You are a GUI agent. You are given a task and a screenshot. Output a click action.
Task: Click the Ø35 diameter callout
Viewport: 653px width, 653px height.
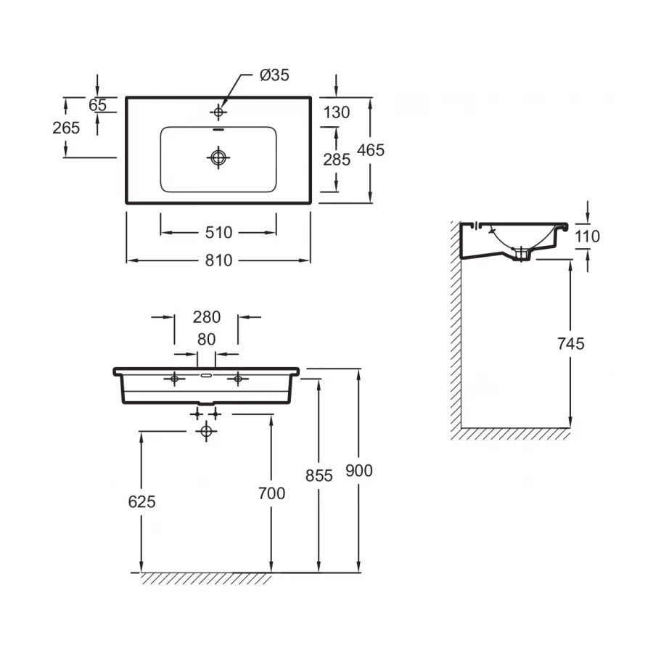(x=274, y=75)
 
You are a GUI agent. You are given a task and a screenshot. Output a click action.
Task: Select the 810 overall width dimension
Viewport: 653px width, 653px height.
(x=218, y=260)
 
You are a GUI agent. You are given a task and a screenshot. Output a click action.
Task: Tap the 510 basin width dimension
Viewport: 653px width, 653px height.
(x=218, y=233)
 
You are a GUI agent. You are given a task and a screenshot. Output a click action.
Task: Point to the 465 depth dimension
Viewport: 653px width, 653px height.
(x=371, y=150)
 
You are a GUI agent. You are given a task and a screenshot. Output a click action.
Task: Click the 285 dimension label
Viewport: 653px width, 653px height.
(x=337, y=160)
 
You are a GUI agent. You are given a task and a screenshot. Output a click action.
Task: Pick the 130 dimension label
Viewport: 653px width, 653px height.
(x=337, y=112)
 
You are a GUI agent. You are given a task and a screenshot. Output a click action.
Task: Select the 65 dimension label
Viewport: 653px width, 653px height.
(x=98, y=105)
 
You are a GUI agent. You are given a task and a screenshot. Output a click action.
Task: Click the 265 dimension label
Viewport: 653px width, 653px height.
(x=66, y=128)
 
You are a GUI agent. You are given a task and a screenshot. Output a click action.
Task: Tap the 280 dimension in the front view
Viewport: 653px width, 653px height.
(x=207, y=317)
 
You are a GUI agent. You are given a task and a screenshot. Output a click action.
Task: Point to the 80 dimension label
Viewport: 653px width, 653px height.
(x=207, y=340)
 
